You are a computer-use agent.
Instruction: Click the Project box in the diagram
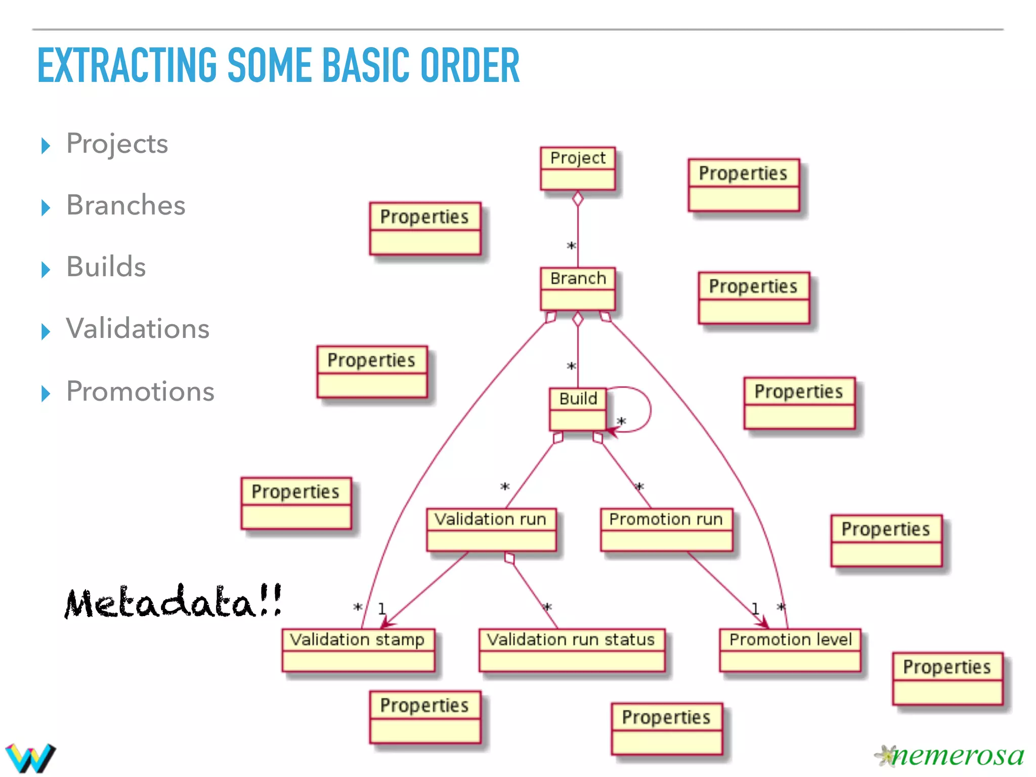pyautogui.click(x=578, y=168)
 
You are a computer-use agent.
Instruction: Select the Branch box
pyautogui.click(x=578, y=289)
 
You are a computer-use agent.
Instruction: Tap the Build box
pyautogui.click(x=578, y=409)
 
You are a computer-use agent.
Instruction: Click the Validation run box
pyautogui.click(x=491, y=530)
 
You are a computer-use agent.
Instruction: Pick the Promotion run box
pyautogui.click(x=666, y=530)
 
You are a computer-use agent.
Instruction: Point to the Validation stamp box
pyautogui.click(x=358, y=650)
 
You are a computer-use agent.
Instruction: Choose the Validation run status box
pyautogui.click(x=572, y=650)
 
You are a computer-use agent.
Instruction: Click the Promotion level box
pyautogui.click(x=790, y=650)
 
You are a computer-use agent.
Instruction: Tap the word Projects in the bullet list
pyautogui.click(x=117, y=144)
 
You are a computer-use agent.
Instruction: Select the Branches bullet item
pyautogui.click(x=126, y=205)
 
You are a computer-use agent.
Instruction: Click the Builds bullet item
pyautogui.click(x=106, y=267)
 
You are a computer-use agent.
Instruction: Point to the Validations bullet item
pyautogui.click(x=138, y=329)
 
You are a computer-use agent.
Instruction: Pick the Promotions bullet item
pyautogui.click(x=140, y=391)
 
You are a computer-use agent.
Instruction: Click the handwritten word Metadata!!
pyautogui.click(x=173, y=601)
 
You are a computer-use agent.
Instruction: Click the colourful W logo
pyautogui.click(x=30, y=757)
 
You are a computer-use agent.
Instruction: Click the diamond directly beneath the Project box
pyautogui.click(x=578, y=199)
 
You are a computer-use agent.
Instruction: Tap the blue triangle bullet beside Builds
pyautogui.click(x=46, y=269)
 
